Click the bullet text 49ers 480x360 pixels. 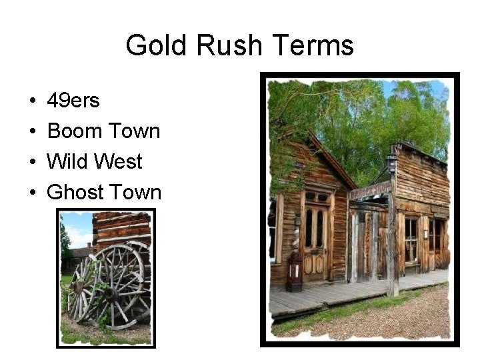tap(73, 101)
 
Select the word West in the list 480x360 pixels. tap(120, 161)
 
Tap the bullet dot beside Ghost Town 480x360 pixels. tap(33, 193)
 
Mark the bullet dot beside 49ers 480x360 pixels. tap(33, 101)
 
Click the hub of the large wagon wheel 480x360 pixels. tap(111, 291)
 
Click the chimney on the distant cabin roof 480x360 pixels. tap(89, 245)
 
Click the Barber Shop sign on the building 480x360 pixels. tap(371, 191)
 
